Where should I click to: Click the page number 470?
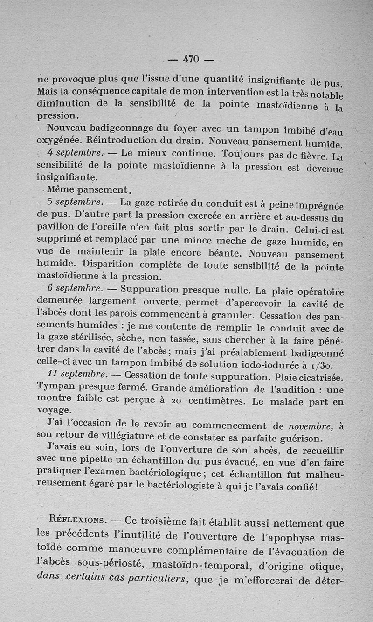(x=191, y=59)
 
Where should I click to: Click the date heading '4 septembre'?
(x=74, y=153)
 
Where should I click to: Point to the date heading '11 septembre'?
(x=77, y=373)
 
